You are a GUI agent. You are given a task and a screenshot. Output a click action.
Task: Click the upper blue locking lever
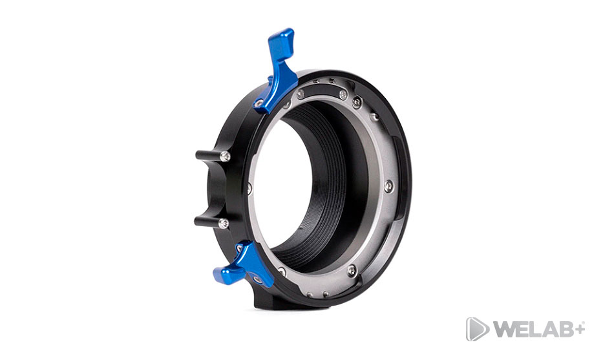tap(278, 73)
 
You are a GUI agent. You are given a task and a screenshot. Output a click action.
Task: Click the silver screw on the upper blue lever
tap(259, 102)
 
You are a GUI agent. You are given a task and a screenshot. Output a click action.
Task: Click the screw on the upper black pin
tap(226, 156)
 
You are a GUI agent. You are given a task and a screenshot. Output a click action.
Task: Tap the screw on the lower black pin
tap(224, 223)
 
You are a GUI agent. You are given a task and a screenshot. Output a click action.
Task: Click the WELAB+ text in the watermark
tap(539, 330)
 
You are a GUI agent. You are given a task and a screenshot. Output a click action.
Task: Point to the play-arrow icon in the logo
tap(477, 329)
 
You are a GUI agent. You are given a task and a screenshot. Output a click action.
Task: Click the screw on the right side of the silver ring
tap(389, 185)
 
